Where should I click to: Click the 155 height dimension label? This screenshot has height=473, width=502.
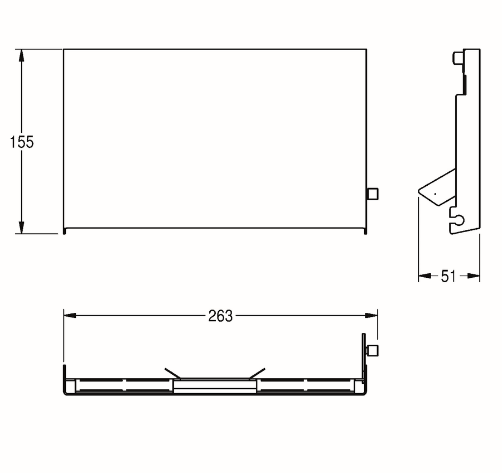[22, 142]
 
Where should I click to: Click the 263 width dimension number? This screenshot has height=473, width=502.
[220, 316]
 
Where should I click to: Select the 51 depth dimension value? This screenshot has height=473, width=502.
[448, 276]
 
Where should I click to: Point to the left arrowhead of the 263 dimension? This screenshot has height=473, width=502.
[70, 316]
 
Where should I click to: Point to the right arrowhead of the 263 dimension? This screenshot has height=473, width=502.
[371, 316]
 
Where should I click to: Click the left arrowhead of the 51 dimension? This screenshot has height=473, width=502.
[424, 276]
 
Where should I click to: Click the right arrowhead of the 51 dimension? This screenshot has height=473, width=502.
[474, 276]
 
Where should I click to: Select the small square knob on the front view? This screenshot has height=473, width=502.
[373, 194]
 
